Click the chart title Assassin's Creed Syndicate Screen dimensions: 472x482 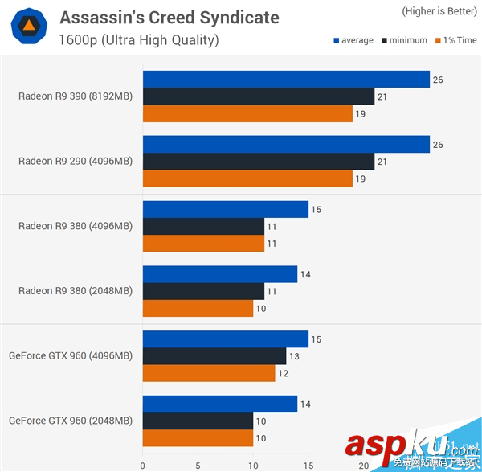click(170, 17)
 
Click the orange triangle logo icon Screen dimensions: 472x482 click(28, 27)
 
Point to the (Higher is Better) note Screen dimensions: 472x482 click(437, 11)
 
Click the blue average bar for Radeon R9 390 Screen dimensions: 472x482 click(286, 79)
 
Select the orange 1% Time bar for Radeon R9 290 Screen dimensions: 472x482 click(247, 179)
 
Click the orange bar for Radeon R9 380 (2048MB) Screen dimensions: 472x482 click(198, 308)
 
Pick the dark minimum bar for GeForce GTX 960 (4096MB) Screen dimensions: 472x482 click(214, 356)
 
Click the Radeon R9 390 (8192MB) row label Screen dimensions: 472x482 click(76, 96)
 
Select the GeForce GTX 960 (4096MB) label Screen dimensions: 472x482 click(71, 355)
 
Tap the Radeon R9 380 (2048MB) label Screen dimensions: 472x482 click(76, 291)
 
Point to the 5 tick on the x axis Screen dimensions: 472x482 click(198, 465)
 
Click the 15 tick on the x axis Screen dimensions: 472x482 click(308, 465)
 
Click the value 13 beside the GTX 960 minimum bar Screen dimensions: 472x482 click(294, 356)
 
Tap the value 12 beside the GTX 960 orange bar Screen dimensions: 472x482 click(283, 373)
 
